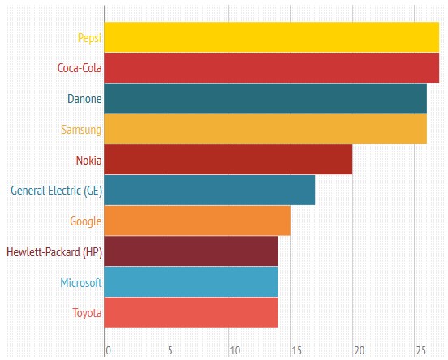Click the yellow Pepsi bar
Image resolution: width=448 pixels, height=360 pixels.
click(271, 36)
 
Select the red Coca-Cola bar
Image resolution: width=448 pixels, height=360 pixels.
click(271, 67)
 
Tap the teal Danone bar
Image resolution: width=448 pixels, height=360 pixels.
click(265, 98)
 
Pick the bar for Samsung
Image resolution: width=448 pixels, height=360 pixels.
click(265, 129)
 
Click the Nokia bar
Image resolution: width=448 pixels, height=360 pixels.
click(228, 160)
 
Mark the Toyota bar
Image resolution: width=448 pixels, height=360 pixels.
click(191, 313)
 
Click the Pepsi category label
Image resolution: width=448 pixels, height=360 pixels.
click(89, 37)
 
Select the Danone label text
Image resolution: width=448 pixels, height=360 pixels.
click(84, 99)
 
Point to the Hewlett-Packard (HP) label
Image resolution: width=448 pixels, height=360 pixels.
click(54, 252)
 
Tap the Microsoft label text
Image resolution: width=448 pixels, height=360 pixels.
click(80, 283)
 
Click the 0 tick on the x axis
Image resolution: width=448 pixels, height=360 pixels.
click(107, 351)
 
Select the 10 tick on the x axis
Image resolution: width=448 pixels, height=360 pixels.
click(235, 351)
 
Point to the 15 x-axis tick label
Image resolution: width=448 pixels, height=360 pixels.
click(296, 351)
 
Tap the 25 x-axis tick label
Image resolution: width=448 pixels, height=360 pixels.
click(420, 351)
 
